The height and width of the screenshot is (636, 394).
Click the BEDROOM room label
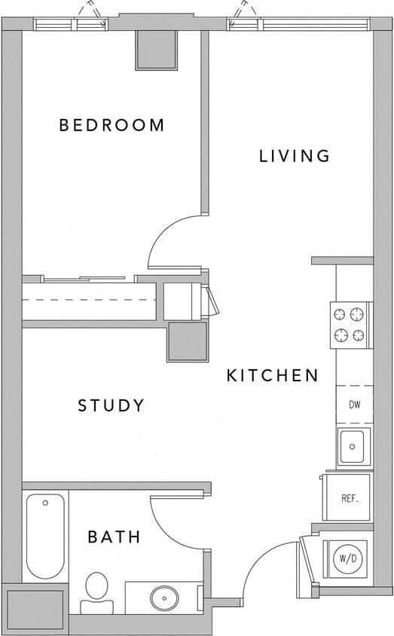click(111, 125)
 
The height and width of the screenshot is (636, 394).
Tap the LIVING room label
click(295, 156)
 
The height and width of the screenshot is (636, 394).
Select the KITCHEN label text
click(273, 375)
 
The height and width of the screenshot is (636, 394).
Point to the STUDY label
click(111, 406)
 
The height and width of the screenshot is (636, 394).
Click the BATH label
click(114, 537)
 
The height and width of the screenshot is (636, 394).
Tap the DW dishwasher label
click(354, 405)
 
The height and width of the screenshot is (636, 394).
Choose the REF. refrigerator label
click(349, 498)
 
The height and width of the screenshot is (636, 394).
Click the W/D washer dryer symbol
click(347, 558)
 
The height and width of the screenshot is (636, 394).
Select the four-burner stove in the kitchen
click(350, 325)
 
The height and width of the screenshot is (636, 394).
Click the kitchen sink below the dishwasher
click(353, 446)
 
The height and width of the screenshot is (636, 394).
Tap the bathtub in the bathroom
click(45, 534)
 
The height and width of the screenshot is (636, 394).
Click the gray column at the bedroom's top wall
click(156, 50)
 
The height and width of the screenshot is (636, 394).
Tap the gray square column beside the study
click(187, 341)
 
